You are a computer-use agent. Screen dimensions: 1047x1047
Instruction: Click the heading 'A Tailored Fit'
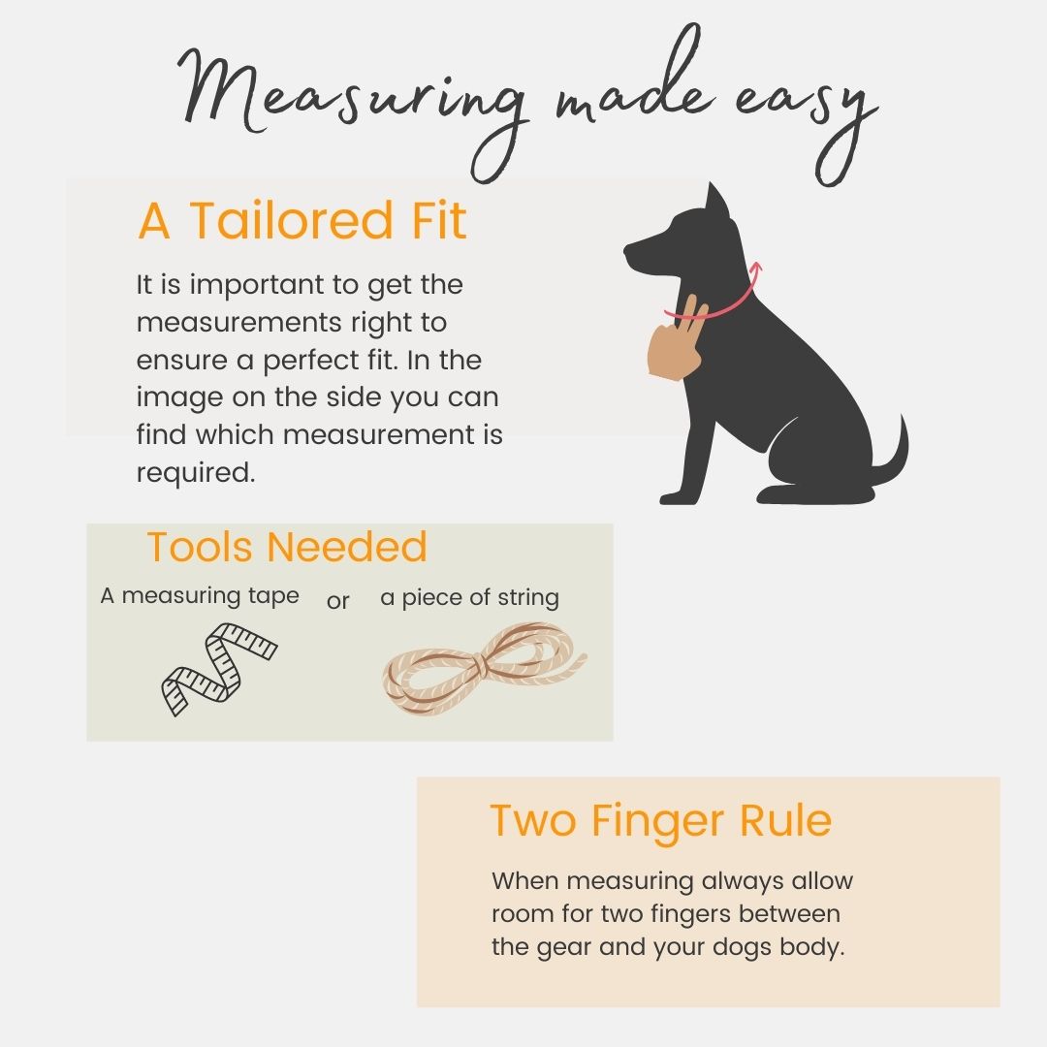[301, 220]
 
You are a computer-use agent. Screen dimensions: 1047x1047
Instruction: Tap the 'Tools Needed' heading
[286, 547]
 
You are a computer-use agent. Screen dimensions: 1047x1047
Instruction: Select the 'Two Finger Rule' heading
[660, 821]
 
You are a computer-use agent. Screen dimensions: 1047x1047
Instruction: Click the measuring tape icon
[219, 668]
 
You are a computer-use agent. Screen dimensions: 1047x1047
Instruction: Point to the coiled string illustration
[484, 668]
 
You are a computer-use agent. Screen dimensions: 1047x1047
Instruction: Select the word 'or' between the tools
[338, 601]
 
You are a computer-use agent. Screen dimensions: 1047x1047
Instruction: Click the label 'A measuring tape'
[200, 595]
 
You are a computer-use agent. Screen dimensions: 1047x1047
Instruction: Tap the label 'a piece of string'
[470, 597]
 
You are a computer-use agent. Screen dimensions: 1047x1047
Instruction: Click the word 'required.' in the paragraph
[196, 473]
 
